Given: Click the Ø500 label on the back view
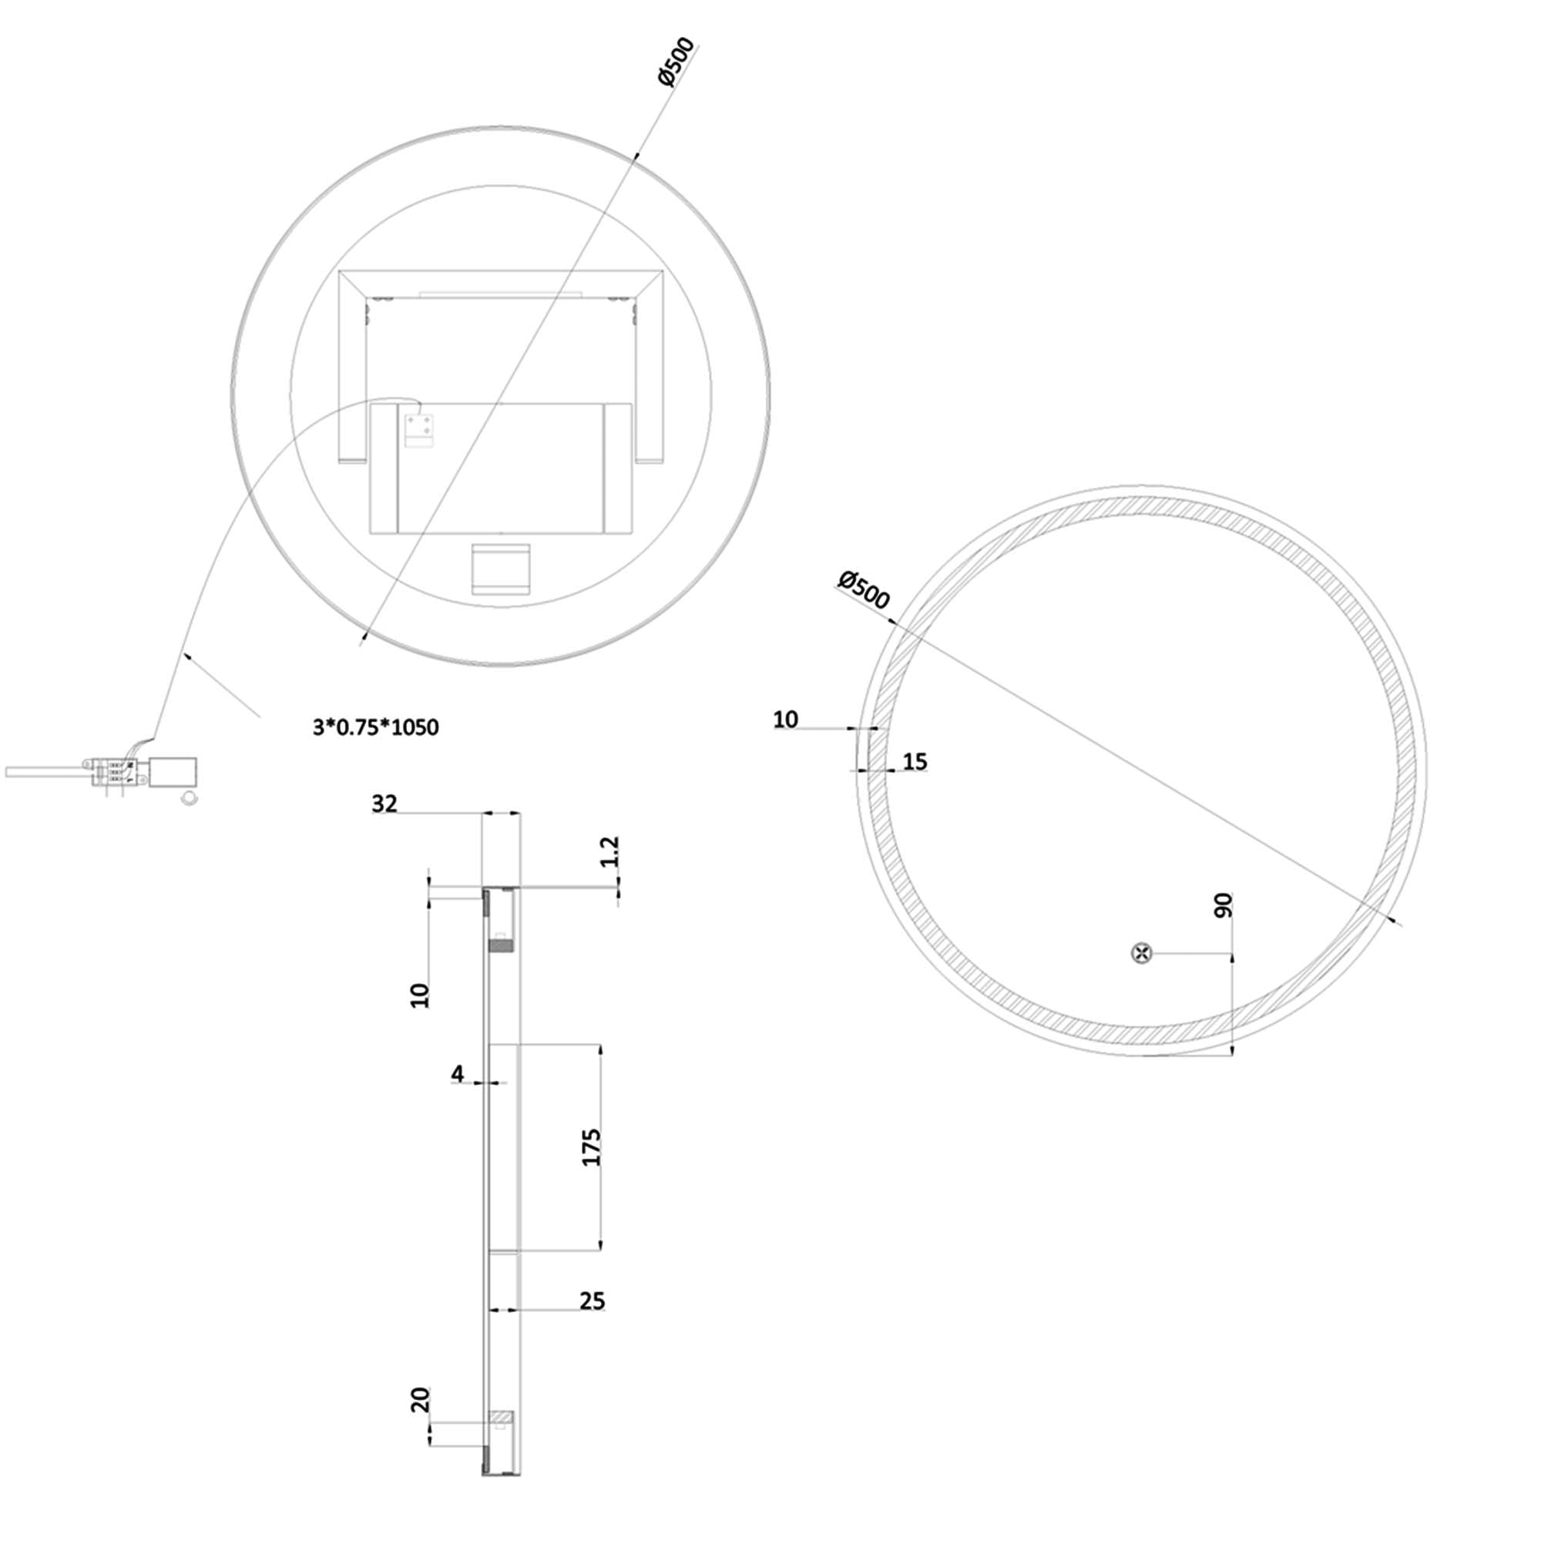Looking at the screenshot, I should (x=676, y=62).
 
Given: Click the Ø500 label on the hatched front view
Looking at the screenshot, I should (x=863, y=589).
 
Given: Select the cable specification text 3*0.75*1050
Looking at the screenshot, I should (x=376, y=727).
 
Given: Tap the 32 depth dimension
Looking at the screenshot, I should (x=384, y=804).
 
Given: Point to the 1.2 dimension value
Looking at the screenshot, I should (x=610, y=852).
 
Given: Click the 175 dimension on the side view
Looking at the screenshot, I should (x=591, y=1147).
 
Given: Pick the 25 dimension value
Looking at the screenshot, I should (x=592, y=1301).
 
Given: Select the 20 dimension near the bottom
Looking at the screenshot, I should (x=421, y=1400).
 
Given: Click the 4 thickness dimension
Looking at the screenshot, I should (x=457, y=1074).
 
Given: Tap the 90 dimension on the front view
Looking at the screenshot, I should (x=1223, y=905).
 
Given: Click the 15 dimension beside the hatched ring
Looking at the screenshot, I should (x=915, y=762).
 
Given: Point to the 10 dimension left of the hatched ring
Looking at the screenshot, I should (x=786, y=720).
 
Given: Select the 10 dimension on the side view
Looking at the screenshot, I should (x=420, y=995).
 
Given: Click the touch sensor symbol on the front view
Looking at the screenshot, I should (x=1142, y=952).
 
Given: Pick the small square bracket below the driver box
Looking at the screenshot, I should (x=500, y=569).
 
